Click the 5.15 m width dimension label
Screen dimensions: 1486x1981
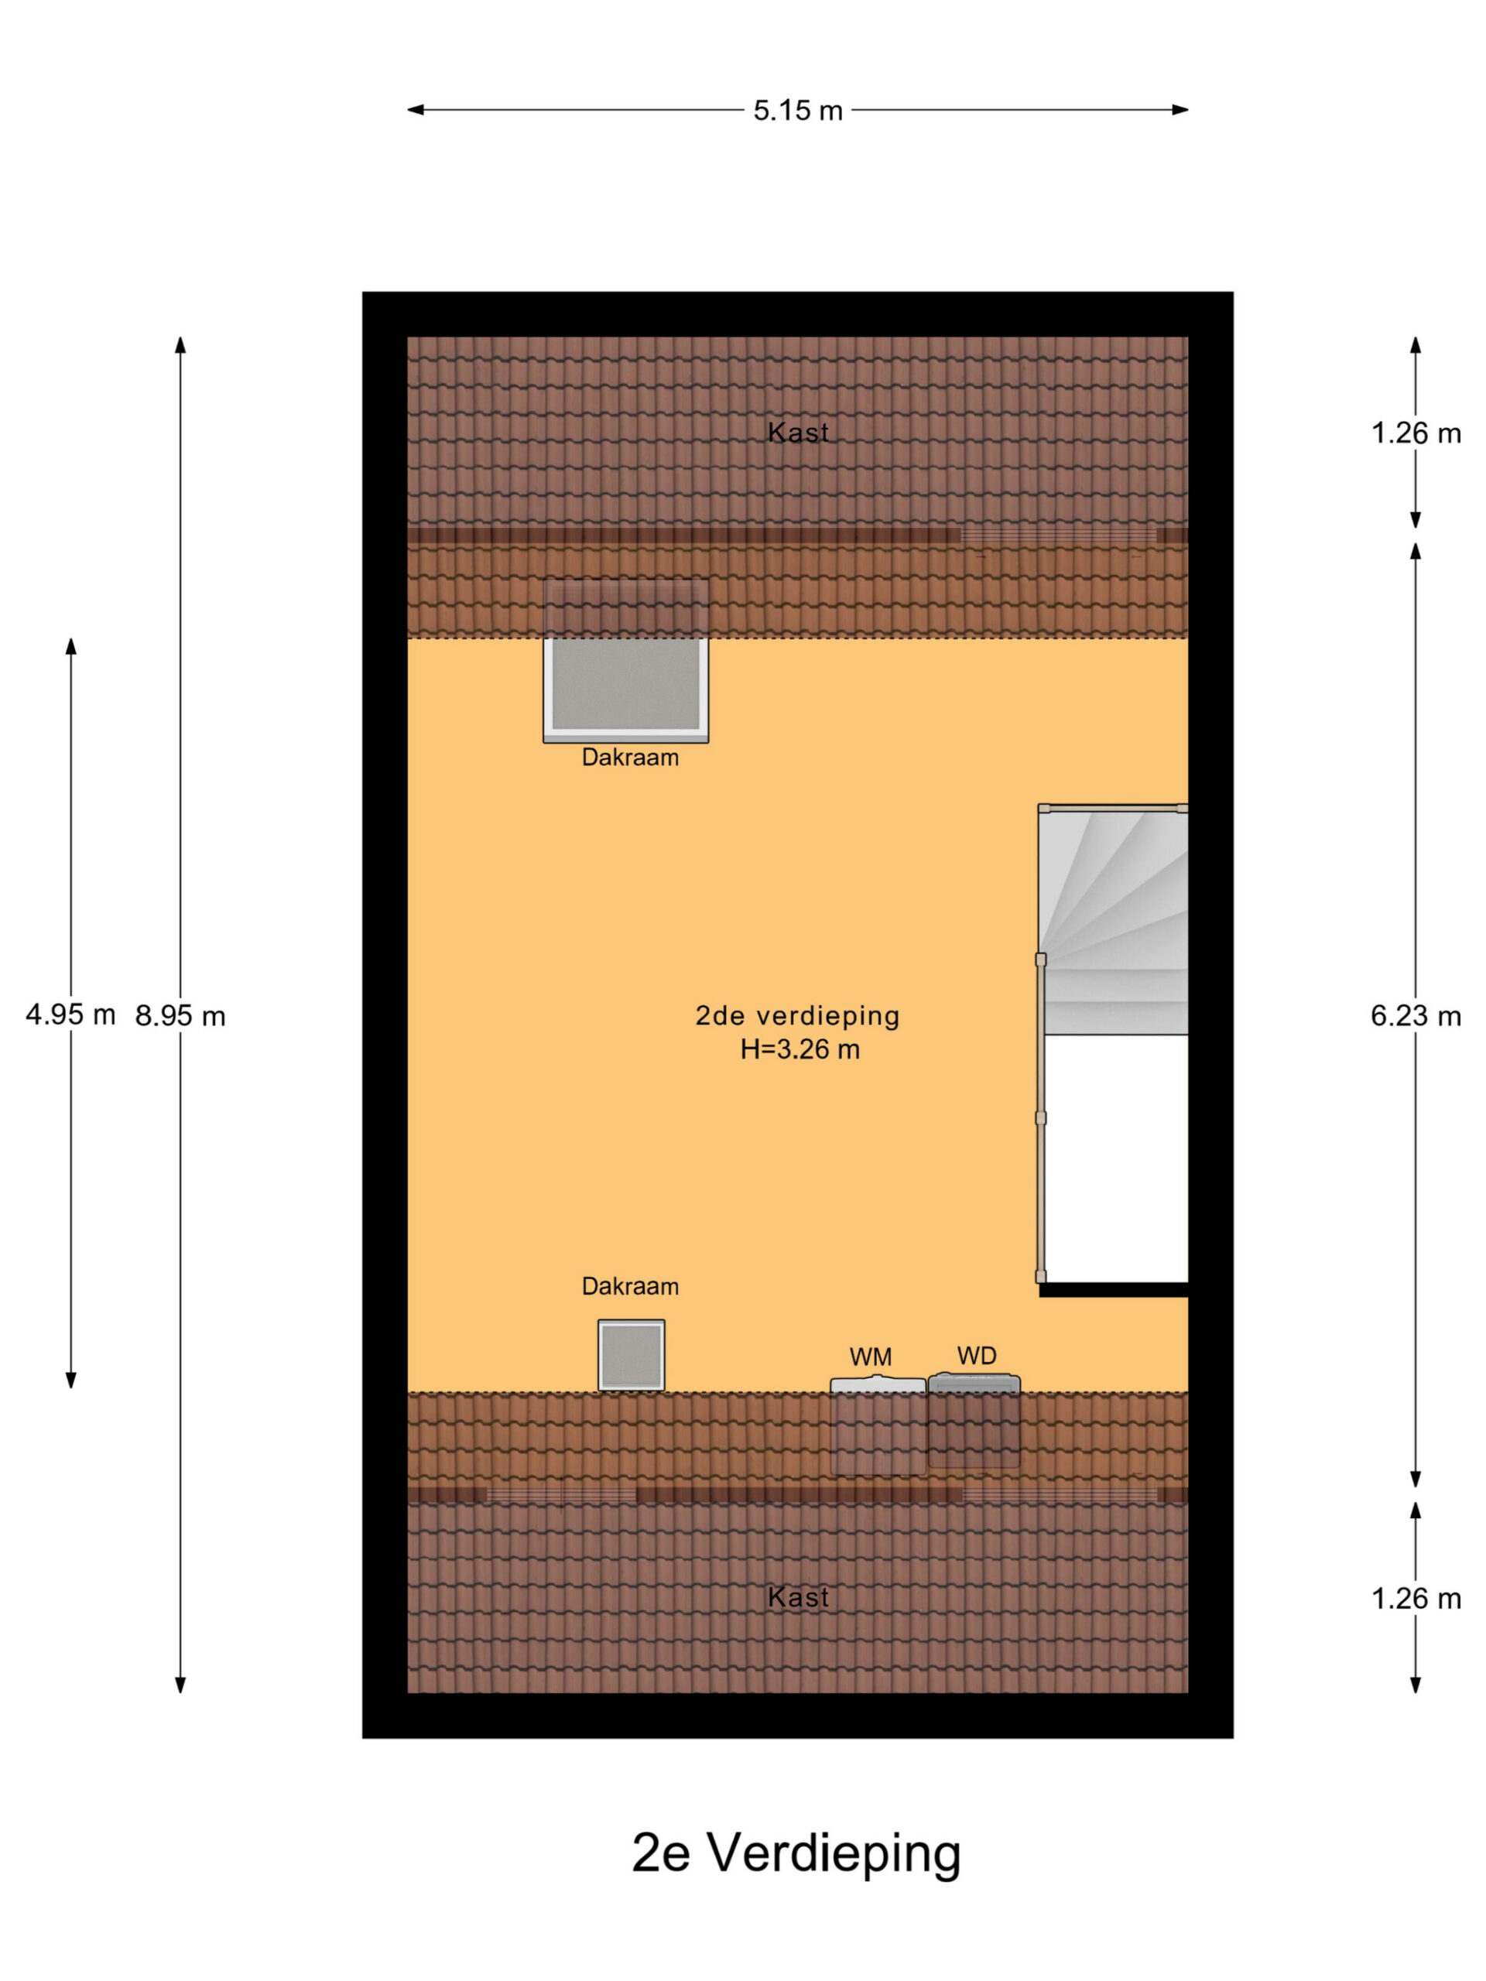click(x=797, y=110)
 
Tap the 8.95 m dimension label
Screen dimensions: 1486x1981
click(x=180, y=1015)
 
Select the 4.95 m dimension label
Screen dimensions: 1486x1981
click(x=70, y=1014)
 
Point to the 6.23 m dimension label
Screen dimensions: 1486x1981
click(x=1416, y=1015)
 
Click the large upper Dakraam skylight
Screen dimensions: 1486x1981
click(x=625, y=661)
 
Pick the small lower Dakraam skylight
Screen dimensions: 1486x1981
click(x=632, y=1355)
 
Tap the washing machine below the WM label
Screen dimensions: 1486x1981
click(x=878, y=1425)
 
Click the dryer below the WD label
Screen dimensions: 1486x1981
click(x=974, y=1421)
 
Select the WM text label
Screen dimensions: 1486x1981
click(x=871, y=1357)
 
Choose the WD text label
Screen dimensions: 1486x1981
click(x=976, y=1356)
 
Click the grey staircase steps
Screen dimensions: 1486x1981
click(x=1114, y=920)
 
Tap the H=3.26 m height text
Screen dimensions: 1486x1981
click(x=799, y=1049)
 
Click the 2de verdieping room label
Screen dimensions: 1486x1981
click(x=797, y=1015)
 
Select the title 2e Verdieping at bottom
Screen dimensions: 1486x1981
click(x=796, y=1854)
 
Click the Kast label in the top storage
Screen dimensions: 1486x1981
click(x=798, y=433)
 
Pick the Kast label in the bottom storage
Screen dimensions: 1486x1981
click(x=798, y=1598)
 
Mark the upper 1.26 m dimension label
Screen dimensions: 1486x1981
click(x=1416, y=433)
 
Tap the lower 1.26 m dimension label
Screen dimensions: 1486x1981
click(x=1416, y=1599)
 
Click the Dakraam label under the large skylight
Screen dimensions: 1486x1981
click(x=630, y=758)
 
